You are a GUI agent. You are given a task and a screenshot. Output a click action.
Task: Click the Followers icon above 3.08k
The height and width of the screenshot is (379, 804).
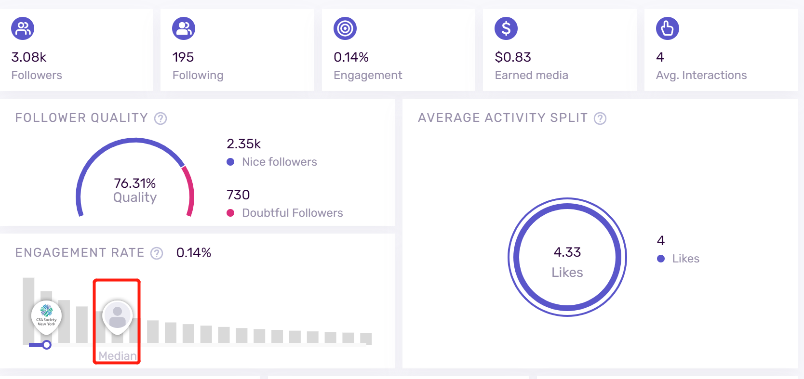[x=23, y=28]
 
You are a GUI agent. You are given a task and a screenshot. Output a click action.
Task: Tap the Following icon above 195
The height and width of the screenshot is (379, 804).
[x=184, y=28]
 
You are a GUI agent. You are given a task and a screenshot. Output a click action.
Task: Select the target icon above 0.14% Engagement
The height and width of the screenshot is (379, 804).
[x=345, y=28]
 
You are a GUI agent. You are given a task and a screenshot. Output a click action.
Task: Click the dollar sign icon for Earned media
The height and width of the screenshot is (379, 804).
[x=506, y=28]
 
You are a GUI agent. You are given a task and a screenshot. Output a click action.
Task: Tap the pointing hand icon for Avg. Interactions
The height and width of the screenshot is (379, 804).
[x=668, y=28]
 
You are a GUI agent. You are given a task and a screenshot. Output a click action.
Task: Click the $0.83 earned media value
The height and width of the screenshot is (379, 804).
[x=512, y=57]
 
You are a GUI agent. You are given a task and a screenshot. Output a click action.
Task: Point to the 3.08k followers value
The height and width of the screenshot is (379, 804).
[x=29, y=57]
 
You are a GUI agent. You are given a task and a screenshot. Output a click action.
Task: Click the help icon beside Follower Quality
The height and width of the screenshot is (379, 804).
[x=161, y=118]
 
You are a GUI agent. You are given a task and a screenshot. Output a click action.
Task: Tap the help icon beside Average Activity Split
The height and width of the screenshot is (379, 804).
[x=600, y=118]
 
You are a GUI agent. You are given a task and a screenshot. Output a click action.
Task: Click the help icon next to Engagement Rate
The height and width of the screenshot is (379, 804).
[x=157, y=253]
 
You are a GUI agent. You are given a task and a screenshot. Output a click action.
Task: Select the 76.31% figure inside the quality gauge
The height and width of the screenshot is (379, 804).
[x=134, y=183]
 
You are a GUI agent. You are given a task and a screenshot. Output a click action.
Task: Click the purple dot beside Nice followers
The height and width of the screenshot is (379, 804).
[x=230, y=162]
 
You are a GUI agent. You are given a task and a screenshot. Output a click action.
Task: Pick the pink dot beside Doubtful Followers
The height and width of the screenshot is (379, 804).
[x=230, y=213]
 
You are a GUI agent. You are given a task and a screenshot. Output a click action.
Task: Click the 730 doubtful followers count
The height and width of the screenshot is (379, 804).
[x=238, y=195]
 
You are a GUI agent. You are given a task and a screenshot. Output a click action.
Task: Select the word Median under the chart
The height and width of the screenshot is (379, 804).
[x=117, y=356]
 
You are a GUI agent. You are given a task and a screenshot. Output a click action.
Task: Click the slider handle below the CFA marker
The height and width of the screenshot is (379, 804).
[x=47, y=345]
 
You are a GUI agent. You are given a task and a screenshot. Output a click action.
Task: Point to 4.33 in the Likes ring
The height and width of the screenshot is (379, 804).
[x=567, y=252]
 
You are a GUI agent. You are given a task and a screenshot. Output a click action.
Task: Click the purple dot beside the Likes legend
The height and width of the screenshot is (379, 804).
[x=661, y=259]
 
